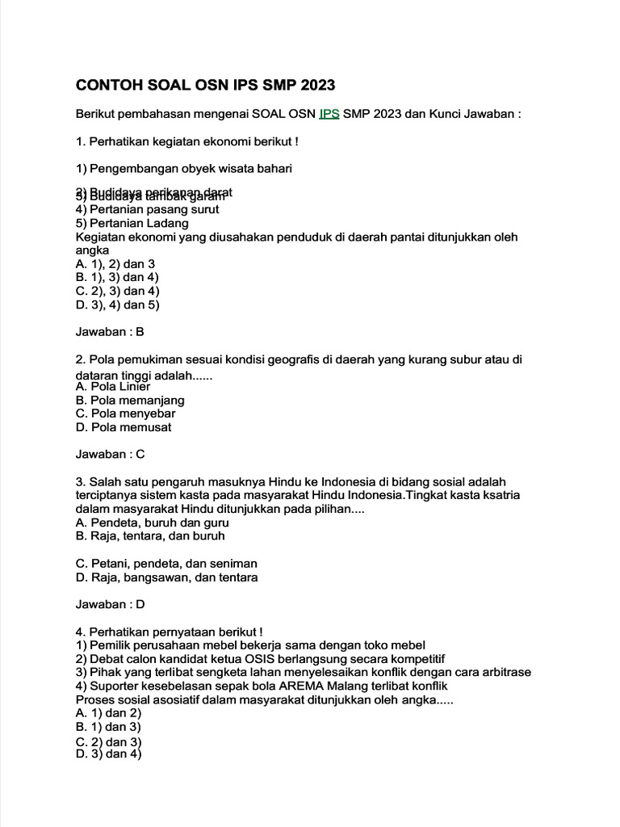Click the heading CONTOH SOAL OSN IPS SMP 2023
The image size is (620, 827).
[x=204, y=86]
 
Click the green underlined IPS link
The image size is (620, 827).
[x=329, y=114]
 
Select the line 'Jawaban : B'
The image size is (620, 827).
[x=109, y=331]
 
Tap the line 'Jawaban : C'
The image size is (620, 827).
[x=110, y=454]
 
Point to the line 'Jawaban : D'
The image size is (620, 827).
[x=110, y=603]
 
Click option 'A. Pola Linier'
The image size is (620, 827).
[x=112, y=386]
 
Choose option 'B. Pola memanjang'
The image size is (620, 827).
[x=130, y=400]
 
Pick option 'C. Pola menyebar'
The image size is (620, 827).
[x=125, y=413]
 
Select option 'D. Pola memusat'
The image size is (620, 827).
[x=123, y=427]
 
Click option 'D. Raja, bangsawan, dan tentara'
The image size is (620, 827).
[x=166, y=577]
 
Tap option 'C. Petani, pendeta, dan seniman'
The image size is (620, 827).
[x=166, y=563]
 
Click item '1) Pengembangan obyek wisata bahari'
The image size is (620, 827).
[x=183, y=168]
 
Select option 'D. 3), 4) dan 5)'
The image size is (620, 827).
[x=117, y=304]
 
